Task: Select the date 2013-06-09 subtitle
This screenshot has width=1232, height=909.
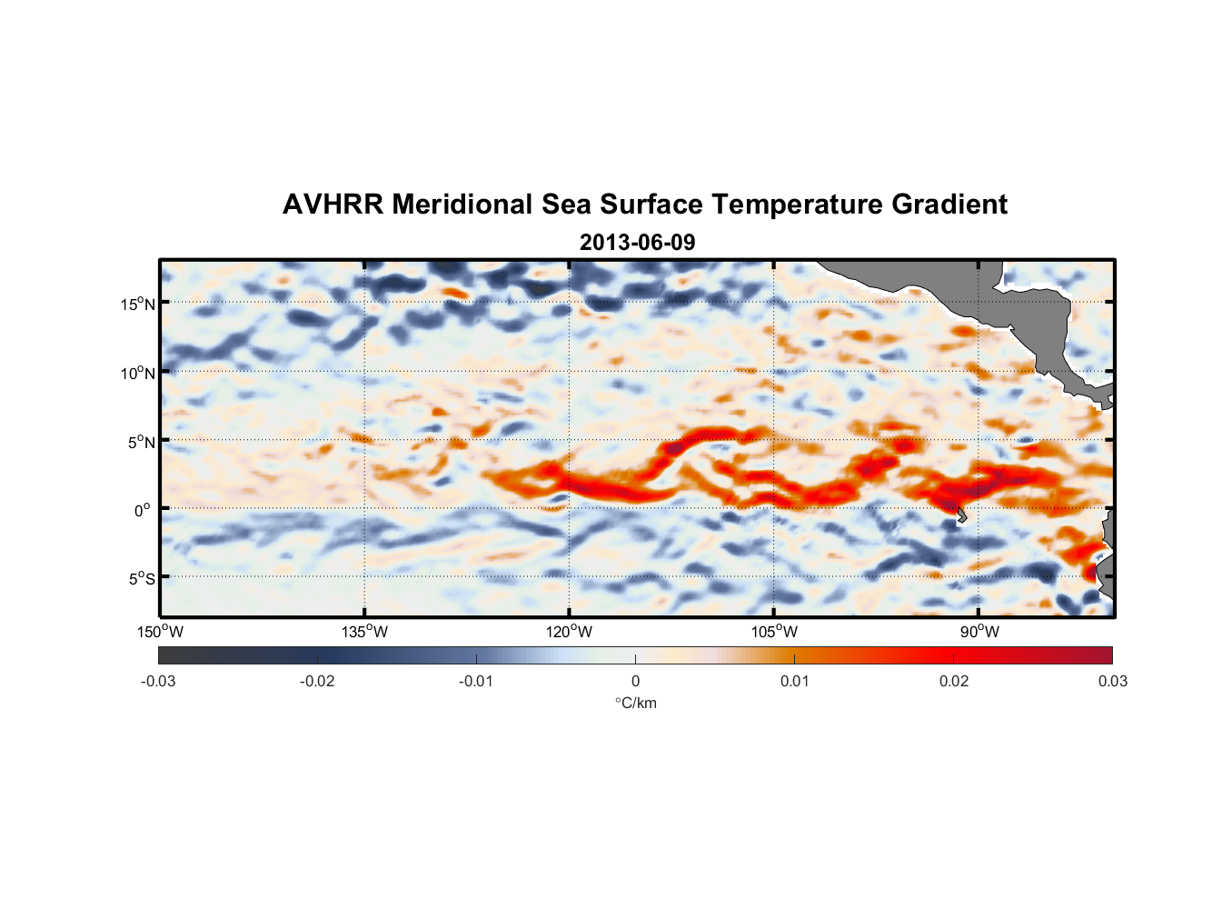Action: point(637,243)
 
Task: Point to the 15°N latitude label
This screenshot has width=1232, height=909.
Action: point(138,304)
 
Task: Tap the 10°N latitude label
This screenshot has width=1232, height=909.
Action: point(138,373)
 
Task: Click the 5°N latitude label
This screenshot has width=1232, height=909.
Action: point(141,442)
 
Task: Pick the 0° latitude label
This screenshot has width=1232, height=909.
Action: point(144,510)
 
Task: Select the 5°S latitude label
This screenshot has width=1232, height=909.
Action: point(141,579)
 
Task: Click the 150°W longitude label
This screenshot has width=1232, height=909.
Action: point(161,632)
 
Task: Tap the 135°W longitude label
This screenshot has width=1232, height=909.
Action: point(365,632)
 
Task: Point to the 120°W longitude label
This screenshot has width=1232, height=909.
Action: point(570,632)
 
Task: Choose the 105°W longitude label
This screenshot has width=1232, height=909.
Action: point(774,632)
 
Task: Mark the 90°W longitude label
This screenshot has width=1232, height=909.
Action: point(979,632)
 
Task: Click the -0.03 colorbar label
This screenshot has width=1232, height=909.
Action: point(158,682)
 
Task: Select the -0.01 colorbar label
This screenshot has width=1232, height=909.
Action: point(476,682)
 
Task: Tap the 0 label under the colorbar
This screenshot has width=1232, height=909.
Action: point(635,682)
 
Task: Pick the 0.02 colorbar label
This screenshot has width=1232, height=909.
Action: point(954,682)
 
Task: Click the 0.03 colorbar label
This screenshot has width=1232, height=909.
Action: point(1112,682)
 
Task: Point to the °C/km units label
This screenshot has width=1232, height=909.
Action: point(635,703)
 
